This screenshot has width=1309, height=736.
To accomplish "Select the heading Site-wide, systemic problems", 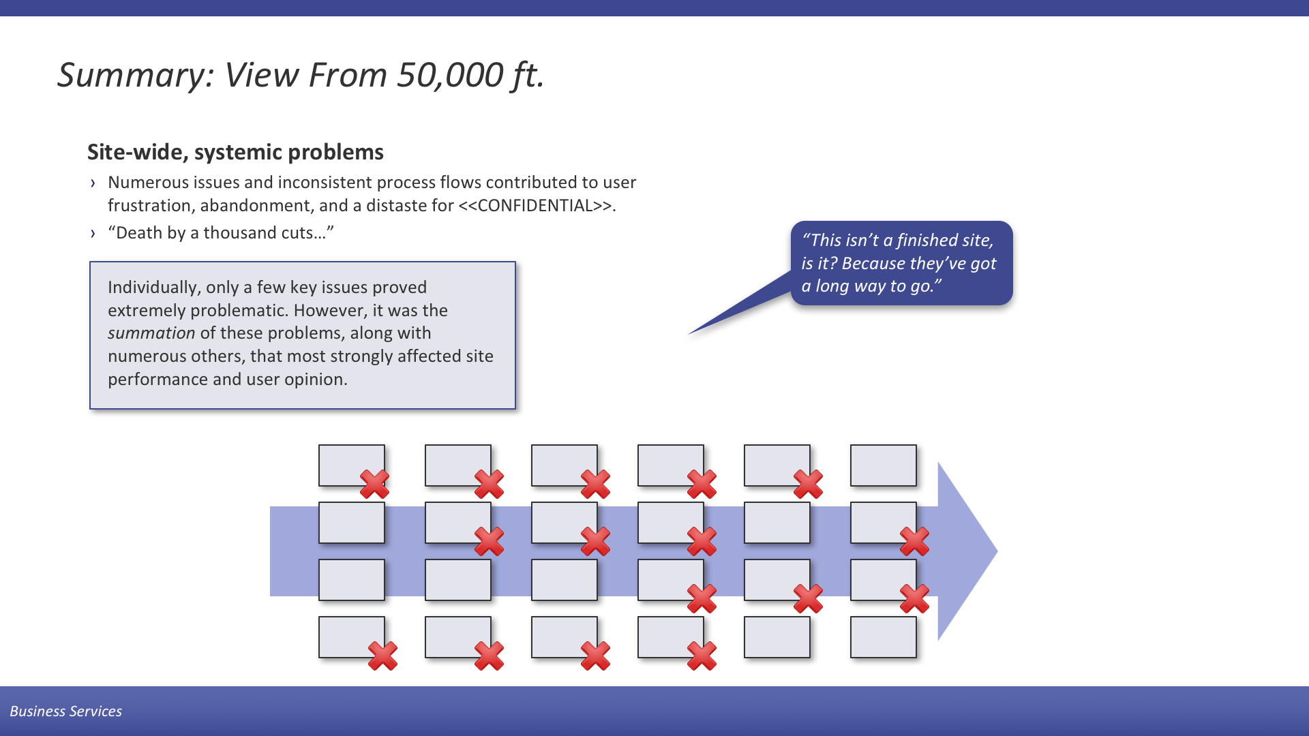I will [235, 152].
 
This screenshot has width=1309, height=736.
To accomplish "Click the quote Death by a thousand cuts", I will [221, 233].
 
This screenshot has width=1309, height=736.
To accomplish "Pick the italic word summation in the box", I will [151, 333].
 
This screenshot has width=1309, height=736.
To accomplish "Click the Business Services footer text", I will [66, 711].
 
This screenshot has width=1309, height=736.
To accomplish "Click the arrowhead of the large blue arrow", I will [967, 551].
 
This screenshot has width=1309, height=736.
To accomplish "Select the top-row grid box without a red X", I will [883, 465].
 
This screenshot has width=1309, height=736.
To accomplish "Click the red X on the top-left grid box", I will [374, 484].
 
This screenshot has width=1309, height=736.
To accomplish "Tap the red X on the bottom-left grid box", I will [382, 656].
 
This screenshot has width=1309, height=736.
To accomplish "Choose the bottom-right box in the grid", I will [883, 637].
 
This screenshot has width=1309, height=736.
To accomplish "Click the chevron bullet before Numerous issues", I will [93, 183].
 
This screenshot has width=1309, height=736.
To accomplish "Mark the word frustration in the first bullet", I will [150, 206].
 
